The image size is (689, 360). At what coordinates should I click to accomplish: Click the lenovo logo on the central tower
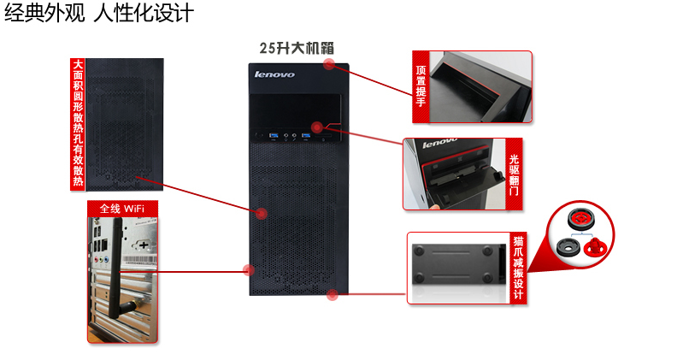(x=274, y=75)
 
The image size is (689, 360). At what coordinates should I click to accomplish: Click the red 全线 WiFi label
(x=121, y=208)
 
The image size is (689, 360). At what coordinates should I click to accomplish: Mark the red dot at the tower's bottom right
(x=332, y=297)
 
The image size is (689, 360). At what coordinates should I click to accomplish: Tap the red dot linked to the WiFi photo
(x=249, y=271)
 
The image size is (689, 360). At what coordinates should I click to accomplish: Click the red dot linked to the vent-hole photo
(x=257, y=211)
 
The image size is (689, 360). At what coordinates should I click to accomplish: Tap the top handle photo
(x=479, y=86)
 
